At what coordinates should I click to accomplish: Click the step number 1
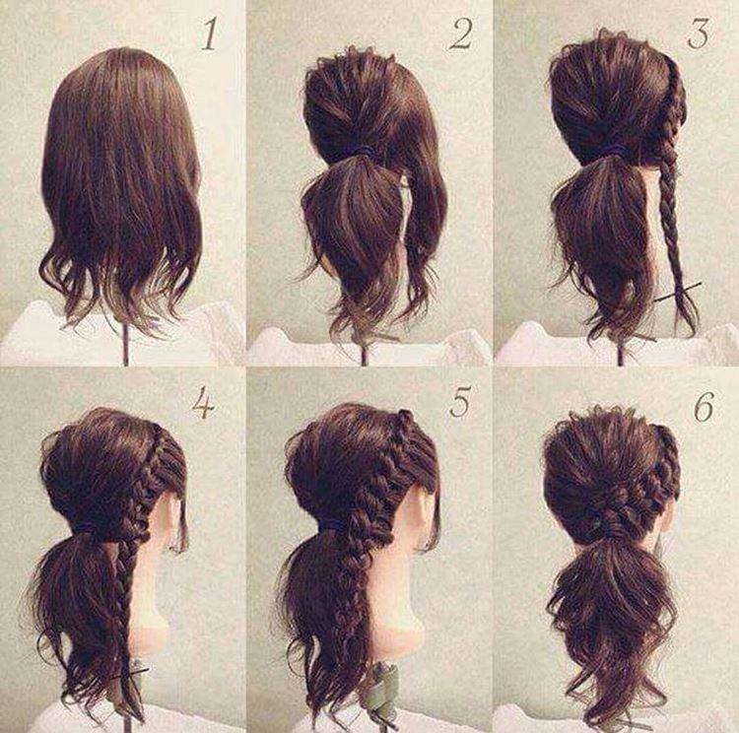(x=210, y=34)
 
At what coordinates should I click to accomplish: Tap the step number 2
(x=459, y=34)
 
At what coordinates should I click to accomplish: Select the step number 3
(x=699, y=34)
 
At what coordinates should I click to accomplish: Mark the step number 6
(x=704, y=405)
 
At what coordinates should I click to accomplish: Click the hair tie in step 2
(x=363, y=151)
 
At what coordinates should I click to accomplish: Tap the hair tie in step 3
(x=613, y=150)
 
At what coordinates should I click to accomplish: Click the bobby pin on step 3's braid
(x=680, y=291)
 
